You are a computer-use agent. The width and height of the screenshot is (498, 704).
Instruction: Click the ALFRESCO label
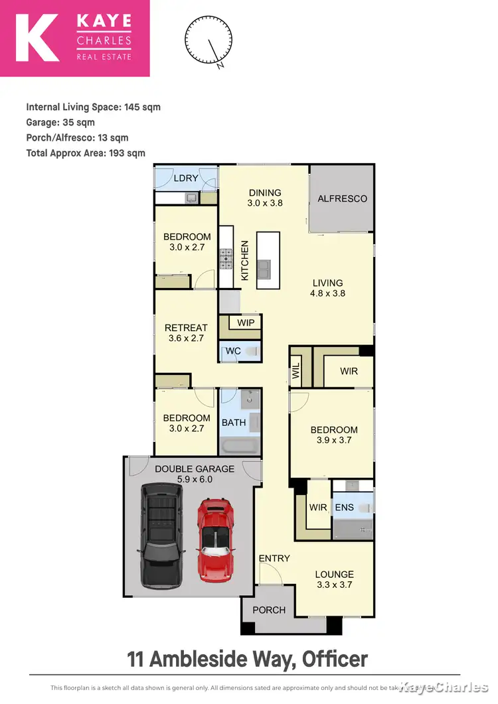pos(342,198)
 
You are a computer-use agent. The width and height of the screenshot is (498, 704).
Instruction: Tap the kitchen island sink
pos(266,269)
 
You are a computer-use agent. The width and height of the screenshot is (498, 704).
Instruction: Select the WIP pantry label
pos(246,323)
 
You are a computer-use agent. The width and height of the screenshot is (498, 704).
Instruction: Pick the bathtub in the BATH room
pos(240,445)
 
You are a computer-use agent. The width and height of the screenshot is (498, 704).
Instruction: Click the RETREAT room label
pos(186,328)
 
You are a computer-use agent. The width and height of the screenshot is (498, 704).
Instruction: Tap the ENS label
pos(344,508)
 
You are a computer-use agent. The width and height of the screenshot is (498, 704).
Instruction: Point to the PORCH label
pos(269,610)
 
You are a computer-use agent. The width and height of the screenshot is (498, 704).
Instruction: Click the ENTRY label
pos(274,558)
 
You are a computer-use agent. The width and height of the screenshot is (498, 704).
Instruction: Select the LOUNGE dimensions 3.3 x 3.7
pos(335,585)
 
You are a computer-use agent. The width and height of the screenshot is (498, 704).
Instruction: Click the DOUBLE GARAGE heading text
pos(185,468)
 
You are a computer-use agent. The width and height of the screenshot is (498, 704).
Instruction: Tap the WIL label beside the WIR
pos(295,371)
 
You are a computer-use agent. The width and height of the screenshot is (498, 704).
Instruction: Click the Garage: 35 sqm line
pos(60,122)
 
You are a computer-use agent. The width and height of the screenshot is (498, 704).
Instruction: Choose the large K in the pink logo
pos(36,38)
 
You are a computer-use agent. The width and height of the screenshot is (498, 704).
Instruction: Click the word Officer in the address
pos(335,659)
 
